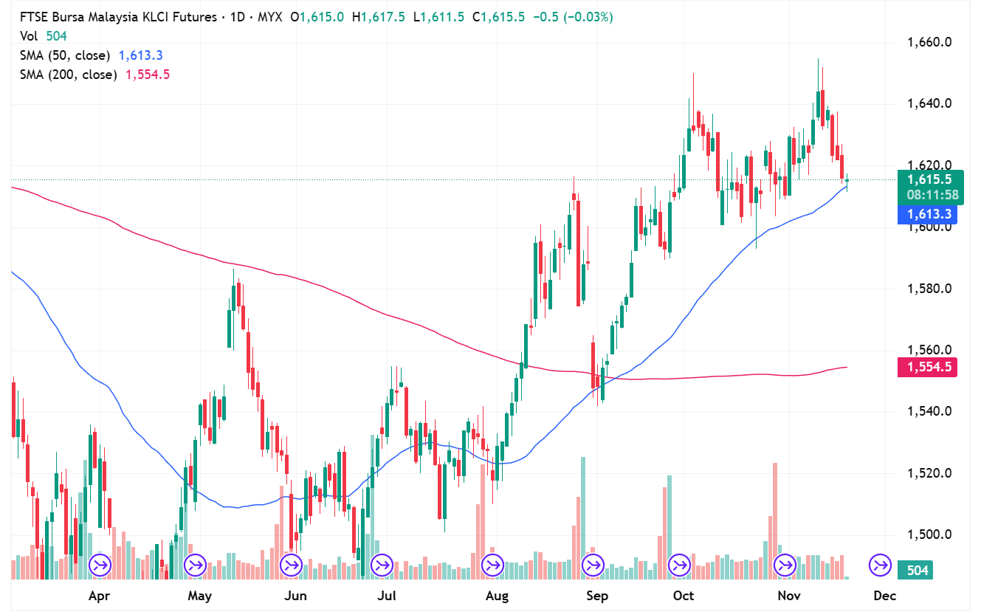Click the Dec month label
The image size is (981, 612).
pyautogui.click(x=884, y=595)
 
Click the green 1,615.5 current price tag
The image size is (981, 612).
pyautogui.click(x=929, y=179)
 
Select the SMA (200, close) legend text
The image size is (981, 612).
pyautogui.click(x=68, y=75)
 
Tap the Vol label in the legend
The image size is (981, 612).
pyautogui.click(x=29, y=35)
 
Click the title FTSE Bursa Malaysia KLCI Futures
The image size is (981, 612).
pyautogui.click(x=118, y=16)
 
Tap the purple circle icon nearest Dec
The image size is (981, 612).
pyautogui.click(x=880, y=565)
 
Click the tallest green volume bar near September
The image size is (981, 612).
pyautogui.click(x=583, y=517)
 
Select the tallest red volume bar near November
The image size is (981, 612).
pyautogui.click(x=775, y=517)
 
